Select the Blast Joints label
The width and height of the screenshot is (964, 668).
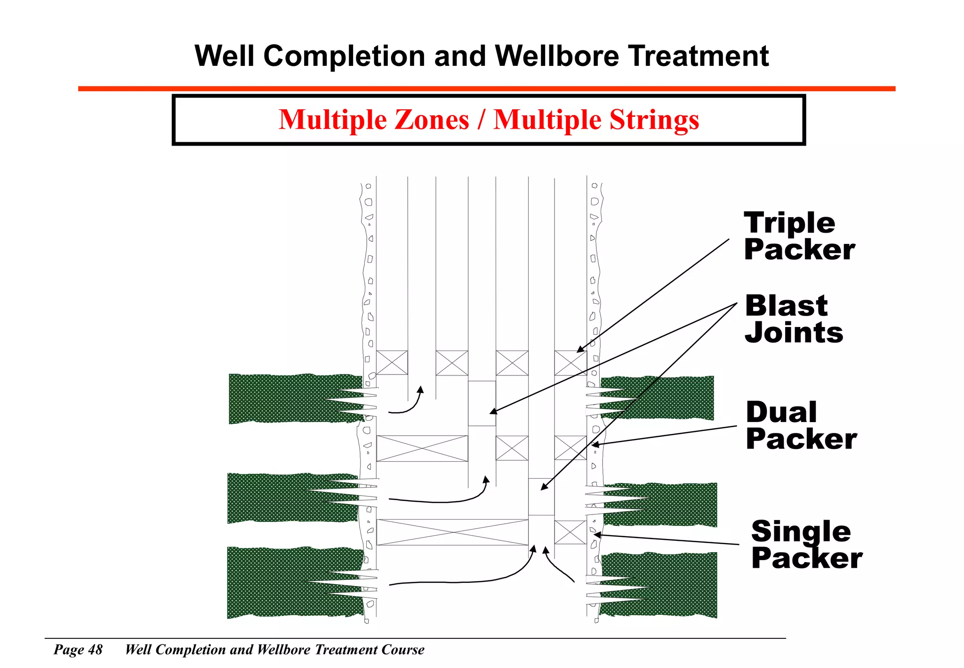(794, 319)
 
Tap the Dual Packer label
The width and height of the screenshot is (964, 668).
(801, 425)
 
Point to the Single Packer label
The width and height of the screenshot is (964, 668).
(806, 545)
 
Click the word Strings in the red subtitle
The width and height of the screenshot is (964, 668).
(654, 120)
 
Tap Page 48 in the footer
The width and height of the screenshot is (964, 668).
(78, 650)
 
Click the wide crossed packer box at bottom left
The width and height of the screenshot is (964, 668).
(452, 532)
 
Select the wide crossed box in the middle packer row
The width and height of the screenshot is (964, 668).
(422, 448)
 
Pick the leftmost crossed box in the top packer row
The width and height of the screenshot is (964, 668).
(392, 363)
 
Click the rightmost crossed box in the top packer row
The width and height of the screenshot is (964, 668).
(570, 363)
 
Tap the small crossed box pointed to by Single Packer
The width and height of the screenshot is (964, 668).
(570, 532)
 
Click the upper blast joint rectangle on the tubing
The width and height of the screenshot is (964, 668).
(482, 403)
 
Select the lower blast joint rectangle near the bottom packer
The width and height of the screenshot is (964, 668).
(541, 497)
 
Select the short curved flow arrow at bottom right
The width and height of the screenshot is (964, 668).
(558, 565)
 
